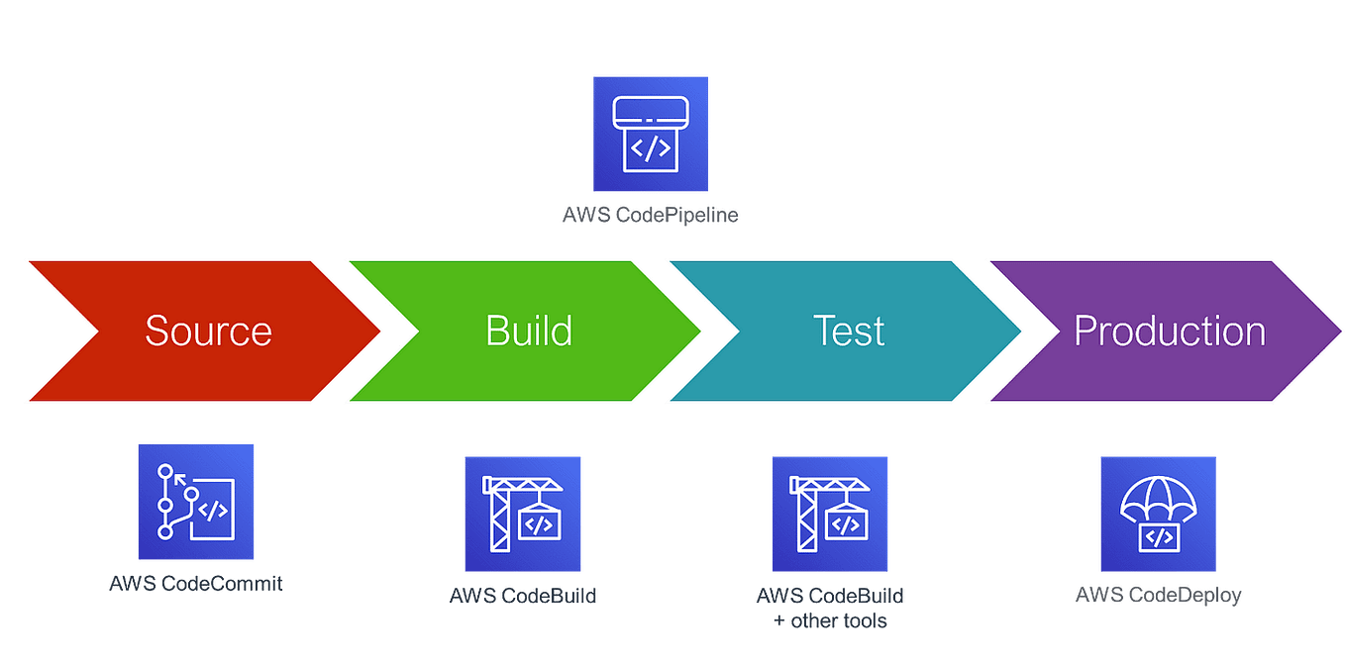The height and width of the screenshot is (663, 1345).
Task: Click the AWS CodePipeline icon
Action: pos(651,134)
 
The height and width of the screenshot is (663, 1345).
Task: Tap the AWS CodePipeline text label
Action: pos(650,215)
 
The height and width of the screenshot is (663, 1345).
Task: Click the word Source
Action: pos(208,331)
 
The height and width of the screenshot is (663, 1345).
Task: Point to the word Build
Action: pos(529,331)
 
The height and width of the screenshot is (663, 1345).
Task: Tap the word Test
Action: pos(848,331)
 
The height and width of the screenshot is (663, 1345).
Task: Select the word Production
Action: pos(1170,331)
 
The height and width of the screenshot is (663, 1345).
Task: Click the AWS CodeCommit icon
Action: pos(196,502)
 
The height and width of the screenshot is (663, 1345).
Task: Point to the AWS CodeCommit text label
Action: pos(196,583)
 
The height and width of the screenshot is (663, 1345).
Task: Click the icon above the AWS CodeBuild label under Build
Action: pos(523,514)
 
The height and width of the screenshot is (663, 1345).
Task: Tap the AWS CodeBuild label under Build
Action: pos(523,596)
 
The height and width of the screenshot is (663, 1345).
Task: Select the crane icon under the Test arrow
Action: pos(830,514)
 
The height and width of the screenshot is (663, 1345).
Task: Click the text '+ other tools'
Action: pos(830,621)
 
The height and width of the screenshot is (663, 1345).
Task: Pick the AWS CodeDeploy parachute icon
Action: pos(1158,514)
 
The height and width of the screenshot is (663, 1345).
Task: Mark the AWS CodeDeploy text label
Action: pos(1158,596)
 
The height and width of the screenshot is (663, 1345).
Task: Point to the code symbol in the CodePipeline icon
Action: pos(651,148)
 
